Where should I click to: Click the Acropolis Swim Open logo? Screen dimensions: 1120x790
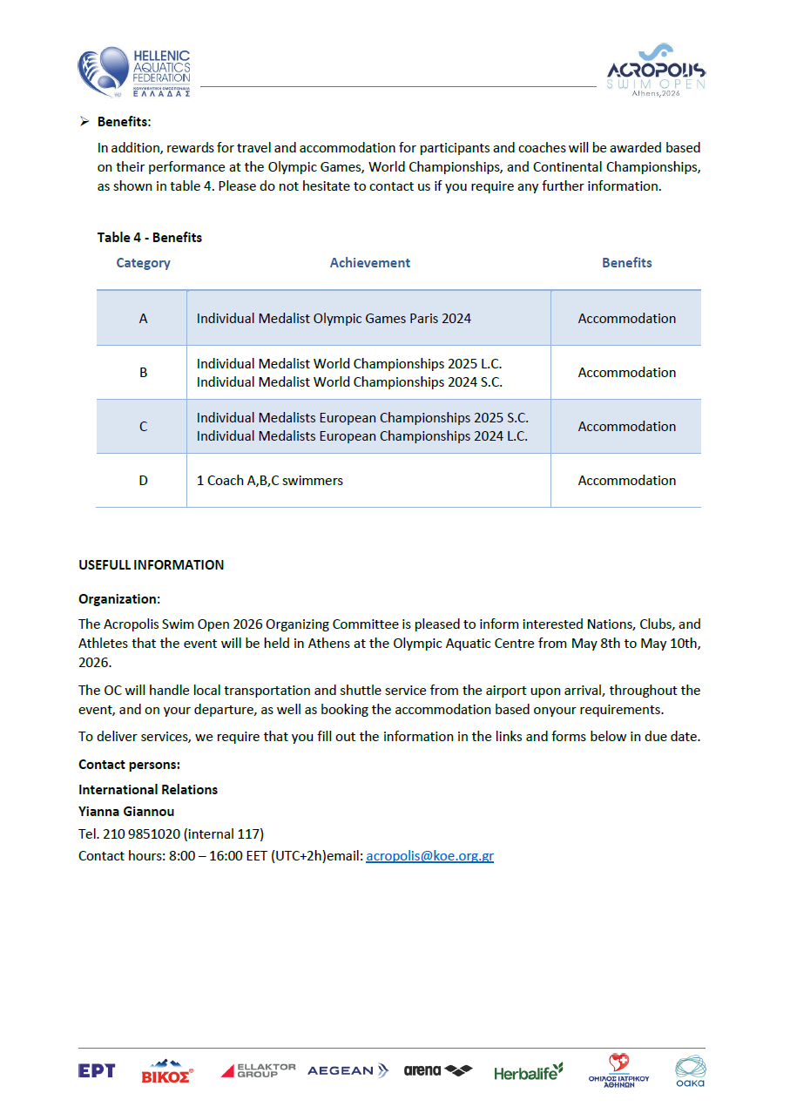(656, 70)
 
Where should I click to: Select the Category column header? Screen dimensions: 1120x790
(143, 263)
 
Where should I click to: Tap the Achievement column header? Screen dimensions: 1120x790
(369, 263)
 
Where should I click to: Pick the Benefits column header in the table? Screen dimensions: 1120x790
(626, 263)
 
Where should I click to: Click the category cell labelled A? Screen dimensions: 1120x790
(143, 319)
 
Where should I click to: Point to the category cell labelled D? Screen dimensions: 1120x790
(143, 481)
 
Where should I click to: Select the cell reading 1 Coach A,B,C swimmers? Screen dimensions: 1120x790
(270, 481)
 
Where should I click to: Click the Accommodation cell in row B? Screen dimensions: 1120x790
(626, 373)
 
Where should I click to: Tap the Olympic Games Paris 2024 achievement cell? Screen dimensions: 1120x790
(334, 319)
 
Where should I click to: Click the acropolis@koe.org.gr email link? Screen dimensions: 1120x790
(429, 856)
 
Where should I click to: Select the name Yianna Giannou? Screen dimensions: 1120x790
(126, 812)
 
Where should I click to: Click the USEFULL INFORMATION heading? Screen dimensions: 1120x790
(151, 565)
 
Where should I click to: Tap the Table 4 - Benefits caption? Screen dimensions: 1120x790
(150, 238)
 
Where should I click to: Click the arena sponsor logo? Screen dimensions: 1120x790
(437, 1070)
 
